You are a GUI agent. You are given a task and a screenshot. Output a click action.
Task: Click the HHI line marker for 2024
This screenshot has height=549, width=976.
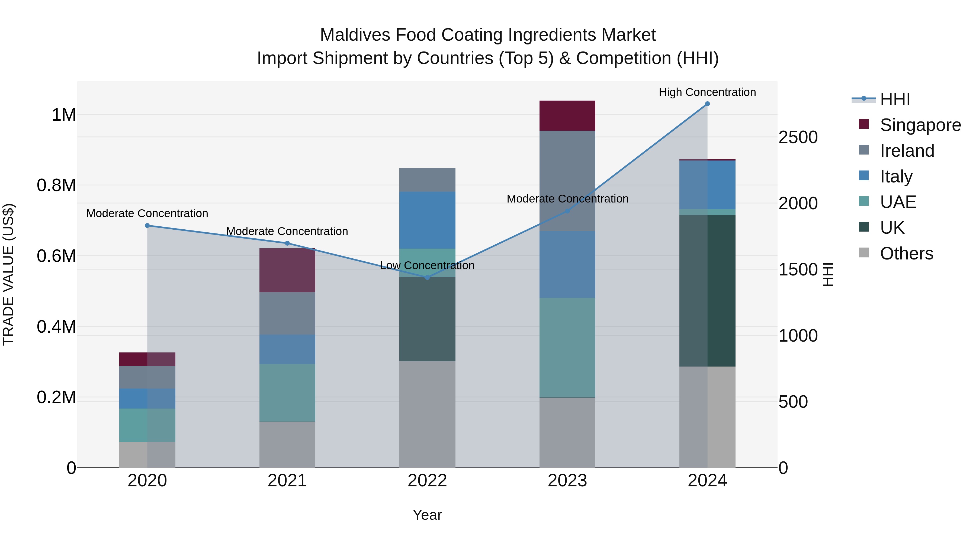(707, 104)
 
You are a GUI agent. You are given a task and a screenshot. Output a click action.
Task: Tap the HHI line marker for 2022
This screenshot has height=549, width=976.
(427, 277)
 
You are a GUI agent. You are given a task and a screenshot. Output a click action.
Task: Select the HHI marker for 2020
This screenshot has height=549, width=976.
(147, 226)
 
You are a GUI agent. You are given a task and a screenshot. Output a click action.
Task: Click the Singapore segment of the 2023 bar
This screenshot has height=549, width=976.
(567, 115)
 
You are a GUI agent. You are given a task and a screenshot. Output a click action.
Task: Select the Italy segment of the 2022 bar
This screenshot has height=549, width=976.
(427, 220)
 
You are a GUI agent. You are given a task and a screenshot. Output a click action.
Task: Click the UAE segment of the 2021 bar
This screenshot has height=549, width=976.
(287, 393)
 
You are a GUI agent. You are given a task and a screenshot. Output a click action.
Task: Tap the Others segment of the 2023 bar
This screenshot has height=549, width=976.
(567, 432)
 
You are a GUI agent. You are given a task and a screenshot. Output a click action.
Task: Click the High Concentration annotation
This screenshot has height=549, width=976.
(707, 92)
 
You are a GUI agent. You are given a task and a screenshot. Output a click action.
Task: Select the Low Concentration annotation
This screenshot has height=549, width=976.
(427, 265)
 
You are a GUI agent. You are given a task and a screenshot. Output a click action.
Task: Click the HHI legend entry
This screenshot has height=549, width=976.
(895, 99)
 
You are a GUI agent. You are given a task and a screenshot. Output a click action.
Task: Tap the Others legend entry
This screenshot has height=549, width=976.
(906, 253)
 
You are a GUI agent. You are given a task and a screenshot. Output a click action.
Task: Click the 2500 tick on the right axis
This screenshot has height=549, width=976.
(798, 137)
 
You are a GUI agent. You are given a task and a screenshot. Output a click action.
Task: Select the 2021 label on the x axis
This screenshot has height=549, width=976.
(287, 481)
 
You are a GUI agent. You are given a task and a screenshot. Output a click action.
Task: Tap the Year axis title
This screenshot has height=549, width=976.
(427, 515)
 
